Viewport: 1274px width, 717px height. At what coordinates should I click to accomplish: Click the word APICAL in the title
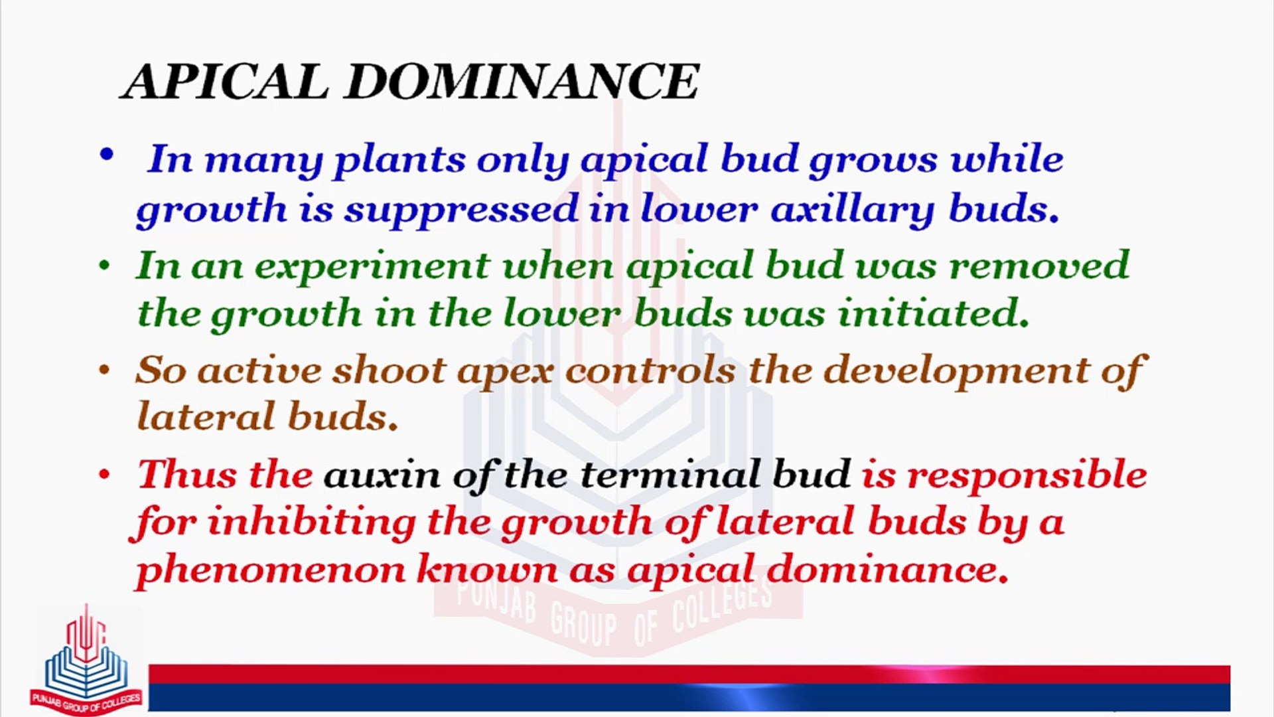pos(226,82)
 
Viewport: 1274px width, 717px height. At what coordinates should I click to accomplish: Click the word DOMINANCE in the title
pos(522,82)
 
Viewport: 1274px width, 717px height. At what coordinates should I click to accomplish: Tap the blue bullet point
pos(106,156)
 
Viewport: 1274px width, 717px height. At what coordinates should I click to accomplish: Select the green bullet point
pos(104,266)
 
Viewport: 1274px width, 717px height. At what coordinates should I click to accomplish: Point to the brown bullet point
pos(104,370)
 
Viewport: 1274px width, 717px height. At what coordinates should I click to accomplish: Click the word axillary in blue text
pos(852,210)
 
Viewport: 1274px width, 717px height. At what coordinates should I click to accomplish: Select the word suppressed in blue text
pos(461,210)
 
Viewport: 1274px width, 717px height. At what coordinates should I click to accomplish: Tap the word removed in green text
pos(1039,266)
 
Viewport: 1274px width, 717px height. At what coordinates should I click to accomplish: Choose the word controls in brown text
pos(650,370)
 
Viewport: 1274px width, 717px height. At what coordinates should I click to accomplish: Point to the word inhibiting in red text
pos(311,522)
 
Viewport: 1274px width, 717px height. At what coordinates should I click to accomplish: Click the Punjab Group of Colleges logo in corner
pos(86,664)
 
